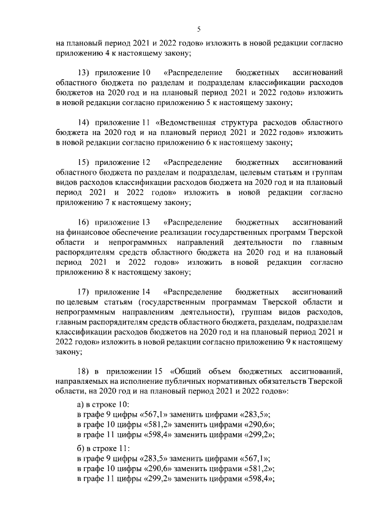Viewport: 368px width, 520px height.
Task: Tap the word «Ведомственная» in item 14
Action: [194, 122]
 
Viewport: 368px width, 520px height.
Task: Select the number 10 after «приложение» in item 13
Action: [145, 73]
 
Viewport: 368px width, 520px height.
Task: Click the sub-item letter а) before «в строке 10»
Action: [81, 404]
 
